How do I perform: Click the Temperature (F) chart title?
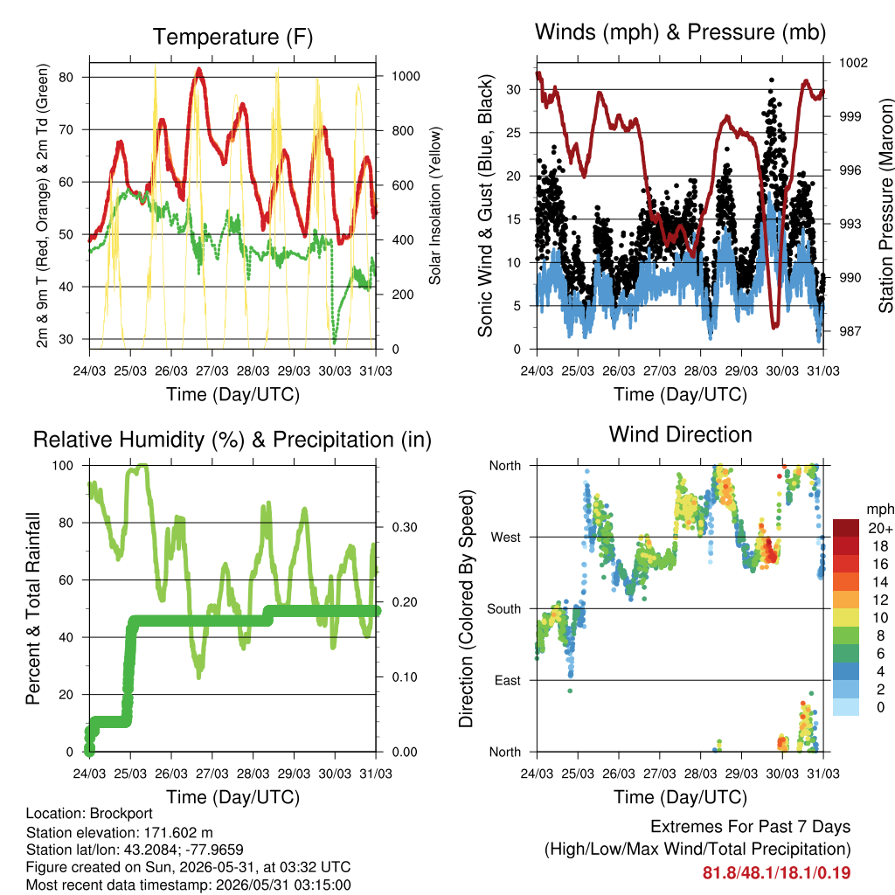[232, 37]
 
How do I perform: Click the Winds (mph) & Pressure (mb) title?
[680, 32]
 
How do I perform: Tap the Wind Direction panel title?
[680, 434]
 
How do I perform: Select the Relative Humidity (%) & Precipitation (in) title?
[232, 441]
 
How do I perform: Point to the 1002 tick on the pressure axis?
[853, 63]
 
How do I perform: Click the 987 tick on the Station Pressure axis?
[850, 331]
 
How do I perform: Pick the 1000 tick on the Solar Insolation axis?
[406, 77]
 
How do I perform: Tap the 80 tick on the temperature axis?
[66, 77]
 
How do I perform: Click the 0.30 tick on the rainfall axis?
[405, 527]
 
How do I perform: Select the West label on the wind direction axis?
[506, 538]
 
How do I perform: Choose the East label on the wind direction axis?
[508, 680]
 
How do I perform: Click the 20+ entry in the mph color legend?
[880, 529]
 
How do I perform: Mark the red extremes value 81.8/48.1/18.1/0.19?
[776, 873]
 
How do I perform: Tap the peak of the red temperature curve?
[198, 70]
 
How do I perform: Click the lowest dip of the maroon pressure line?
[774, 326]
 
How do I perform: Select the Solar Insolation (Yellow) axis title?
[435, 205]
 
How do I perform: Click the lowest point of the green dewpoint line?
[335, 342]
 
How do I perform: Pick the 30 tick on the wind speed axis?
[513, 90]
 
